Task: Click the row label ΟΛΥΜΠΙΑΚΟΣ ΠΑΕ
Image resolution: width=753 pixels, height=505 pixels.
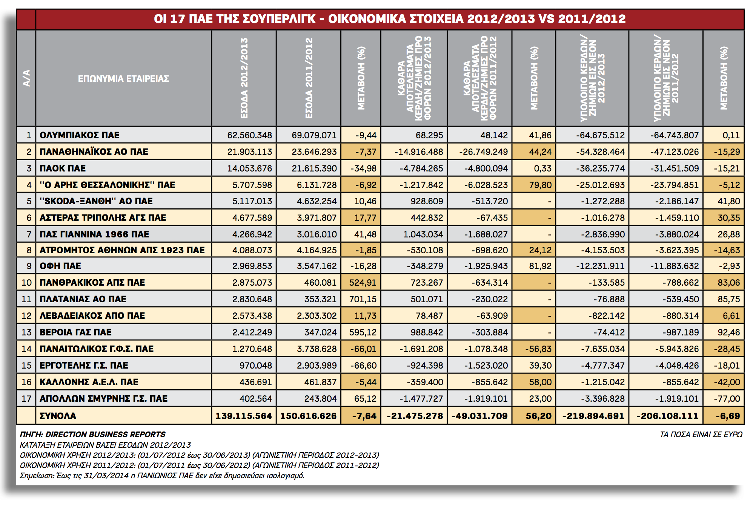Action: click(79, 135)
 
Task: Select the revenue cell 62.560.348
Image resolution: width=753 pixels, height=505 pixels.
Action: click(249, 135)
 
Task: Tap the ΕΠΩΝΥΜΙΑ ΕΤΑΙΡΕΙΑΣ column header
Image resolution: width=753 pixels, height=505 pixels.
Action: click(123, 78)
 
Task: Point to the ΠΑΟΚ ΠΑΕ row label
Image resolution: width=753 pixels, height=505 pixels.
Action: click(63, 168)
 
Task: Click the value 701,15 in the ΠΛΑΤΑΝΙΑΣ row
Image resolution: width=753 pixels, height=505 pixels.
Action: click(363, 299)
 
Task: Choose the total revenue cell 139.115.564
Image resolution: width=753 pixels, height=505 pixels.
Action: click(244, 416)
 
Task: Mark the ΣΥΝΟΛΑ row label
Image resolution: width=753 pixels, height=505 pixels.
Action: click(58, 416)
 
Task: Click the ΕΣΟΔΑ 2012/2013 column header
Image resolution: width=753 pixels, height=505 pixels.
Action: click(244, 78)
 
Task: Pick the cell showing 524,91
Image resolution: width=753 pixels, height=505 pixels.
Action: click(363, 282)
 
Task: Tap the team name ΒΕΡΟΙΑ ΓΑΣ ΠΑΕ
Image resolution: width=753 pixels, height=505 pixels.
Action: click(75, 332)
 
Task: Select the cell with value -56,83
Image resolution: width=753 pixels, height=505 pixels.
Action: click(538, 349)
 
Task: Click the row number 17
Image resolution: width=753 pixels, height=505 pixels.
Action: click(26, 398)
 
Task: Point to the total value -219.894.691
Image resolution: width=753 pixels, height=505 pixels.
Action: click(593, 416)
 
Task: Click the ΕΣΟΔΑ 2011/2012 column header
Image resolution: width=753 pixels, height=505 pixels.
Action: click(309, 78)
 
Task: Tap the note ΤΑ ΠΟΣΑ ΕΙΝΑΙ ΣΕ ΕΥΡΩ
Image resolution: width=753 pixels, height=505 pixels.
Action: click(701, 435)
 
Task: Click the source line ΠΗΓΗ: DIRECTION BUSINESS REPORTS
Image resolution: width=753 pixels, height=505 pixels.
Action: click(93, 435)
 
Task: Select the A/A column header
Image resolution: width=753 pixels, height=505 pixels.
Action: click(26, 78)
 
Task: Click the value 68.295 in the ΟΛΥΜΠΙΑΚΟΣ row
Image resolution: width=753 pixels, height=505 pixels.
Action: click(429, 135)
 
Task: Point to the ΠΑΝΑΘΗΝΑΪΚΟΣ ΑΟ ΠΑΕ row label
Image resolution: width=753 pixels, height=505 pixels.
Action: click(94, 151)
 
